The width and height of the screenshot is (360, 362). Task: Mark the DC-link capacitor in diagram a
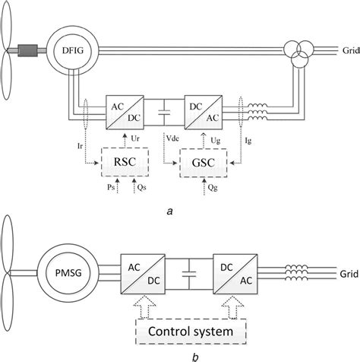click(161, 116)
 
